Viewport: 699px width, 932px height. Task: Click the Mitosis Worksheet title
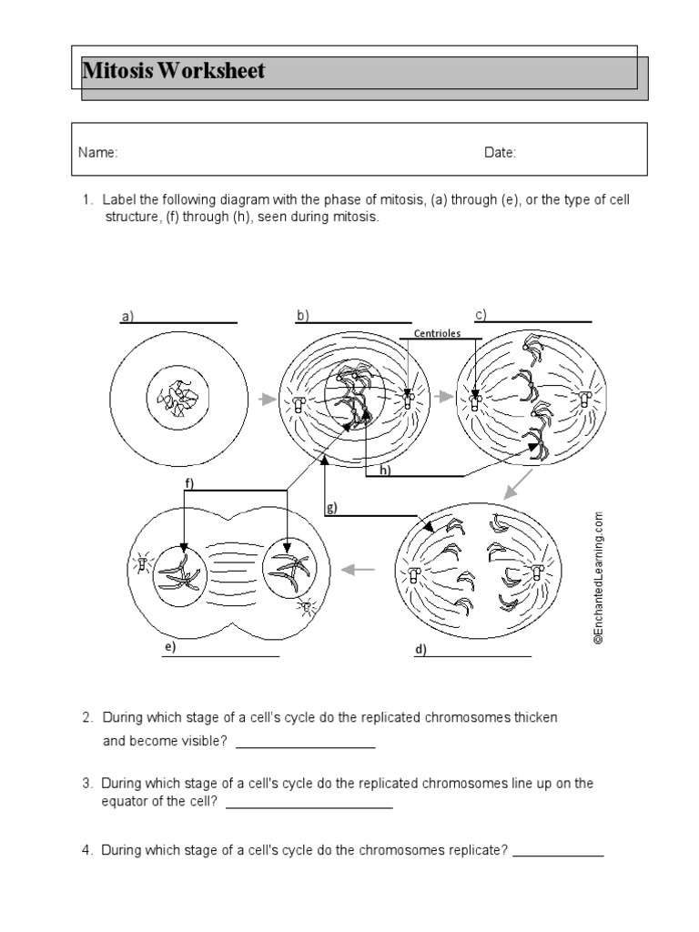[174, 71]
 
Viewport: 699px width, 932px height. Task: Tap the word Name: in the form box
[97, 153]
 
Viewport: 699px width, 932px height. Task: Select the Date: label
[500, 153]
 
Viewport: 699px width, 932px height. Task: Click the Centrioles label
[437, 333]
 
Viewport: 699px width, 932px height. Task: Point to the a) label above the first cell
[127, 318]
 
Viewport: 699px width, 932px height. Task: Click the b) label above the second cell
[302, 316]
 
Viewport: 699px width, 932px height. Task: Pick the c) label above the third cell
[480, 315]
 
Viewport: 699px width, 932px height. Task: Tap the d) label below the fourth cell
[420, 650]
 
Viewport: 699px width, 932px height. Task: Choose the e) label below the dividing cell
[168, 648]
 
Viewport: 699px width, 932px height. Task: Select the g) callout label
[333, 509]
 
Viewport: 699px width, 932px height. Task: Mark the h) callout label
[385, 470]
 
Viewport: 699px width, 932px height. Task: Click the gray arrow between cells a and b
[266, 399]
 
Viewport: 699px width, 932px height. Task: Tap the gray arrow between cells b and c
[443, 397]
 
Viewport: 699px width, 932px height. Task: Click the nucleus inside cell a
[176, 399]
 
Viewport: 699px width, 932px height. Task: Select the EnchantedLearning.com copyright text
[599, 578]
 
